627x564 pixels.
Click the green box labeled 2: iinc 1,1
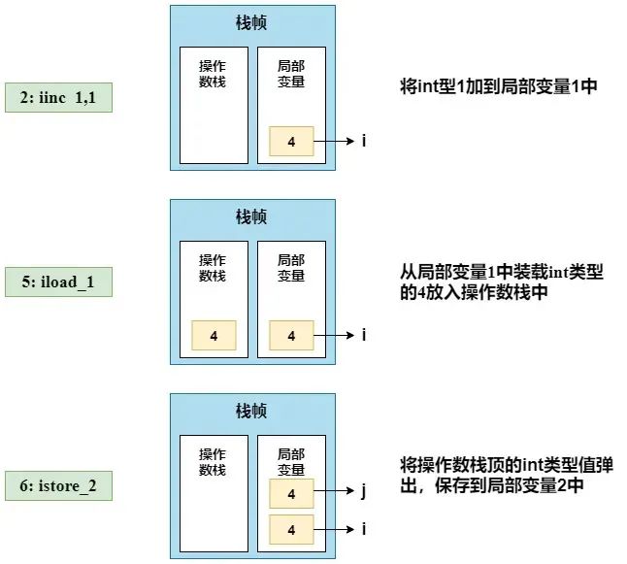(58, 98)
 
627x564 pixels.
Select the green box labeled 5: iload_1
(58, 282)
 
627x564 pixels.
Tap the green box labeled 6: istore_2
(58, 486)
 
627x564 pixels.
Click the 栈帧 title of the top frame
(251, 22)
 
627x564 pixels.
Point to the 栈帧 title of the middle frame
(251, 216)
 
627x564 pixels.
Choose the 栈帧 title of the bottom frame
(251, 411)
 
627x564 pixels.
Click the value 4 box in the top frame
(291, 141)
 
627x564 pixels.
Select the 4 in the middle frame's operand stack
(214, 335)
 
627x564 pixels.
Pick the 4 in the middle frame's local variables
(291, 335)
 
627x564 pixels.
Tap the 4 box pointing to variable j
(291, 493)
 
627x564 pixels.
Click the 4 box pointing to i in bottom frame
(291, 530)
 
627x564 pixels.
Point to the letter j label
(363, 491)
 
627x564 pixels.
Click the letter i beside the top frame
(364, 141)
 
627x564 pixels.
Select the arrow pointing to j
(334, 491)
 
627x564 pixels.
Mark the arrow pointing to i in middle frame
(334, 335)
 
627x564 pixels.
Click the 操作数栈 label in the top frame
(213, 74)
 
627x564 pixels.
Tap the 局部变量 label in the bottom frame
(291, 462)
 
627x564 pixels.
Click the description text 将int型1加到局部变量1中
(499, 86)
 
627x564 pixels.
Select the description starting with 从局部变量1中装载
(502, 282)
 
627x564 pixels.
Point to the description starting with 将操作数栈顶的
(507, 476)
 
